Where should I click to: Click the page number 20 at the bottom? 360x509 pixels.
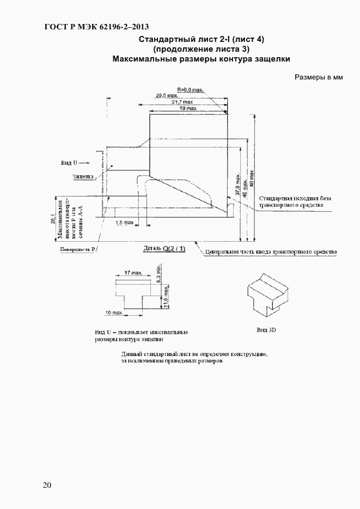tap(47, 486)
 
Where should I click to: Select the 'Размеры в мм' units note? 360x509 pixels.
tap(319, 77)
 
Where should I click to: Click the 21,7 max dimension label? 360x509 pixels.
tap(182, 102)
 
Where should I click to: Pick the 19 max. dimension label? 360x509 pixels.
tap(189, 108)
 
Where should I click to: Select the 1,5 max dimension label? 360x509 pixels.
tap(124, 223)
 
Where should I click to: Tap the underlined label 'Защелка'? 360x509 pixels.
tap(83, 176)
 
